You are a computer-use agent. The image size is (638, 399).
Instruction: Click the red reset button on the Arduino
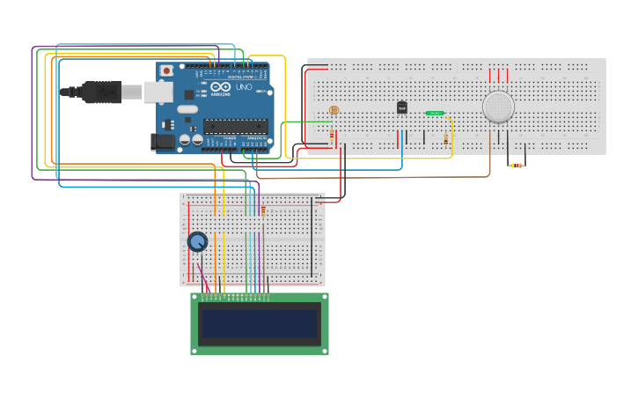click(165, 70)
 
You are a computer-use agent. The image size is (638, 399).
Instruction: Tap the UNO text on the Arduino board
click(244, 86)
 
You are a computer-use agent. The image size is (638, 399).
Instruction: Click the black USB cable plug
click(101, 92)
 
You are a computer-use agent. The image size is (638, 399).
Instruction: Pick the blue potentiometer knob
click(197, 241)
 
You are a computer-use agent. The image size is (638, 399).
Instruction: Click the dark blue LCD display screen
click(260, 324)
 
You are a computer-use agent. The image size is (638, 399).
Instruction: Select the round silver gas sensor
click(498, 107)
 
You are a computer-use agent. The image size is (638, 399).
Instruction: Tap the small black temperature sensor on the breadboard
click(402, 107)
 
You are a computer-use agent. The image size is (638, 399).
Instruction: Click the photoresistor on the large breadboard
click(333, 110)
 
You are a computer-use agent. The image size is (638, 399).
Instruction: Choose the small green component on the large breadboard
click(435, 113)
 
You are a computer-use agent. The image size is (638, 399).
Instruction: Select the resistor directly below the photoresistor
click(332, 136)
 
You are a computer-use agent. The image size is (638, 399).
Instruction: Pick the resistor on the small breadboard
click(262, 210)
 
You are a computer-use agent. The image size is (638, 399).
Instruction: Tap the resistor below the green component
click(445, 139)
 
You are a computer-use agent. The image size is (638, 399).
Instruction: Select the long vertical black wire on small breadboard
click(312, 238)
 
